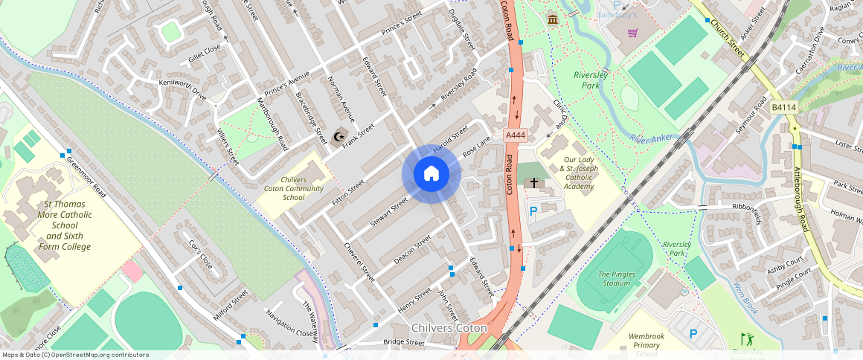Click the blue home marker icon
(431, 174)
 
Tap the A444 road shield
(516, 135)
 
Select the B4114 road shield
(783, 108)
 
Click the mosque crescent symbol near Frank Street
(340, 136)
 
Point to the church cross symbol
(533, 183)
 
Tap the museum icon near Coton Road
(552, 19)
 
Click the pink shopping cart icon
(632, 33)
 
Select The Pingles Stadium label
(617, 279)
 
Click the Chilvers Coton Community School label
(294, 189)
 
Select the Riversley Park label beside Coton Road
(591, 80)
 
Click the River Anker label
(647, 139)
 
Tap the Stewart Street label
(390, 210)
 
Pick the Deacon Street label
(412, 250)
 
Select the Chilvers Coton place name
(449, 328)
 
